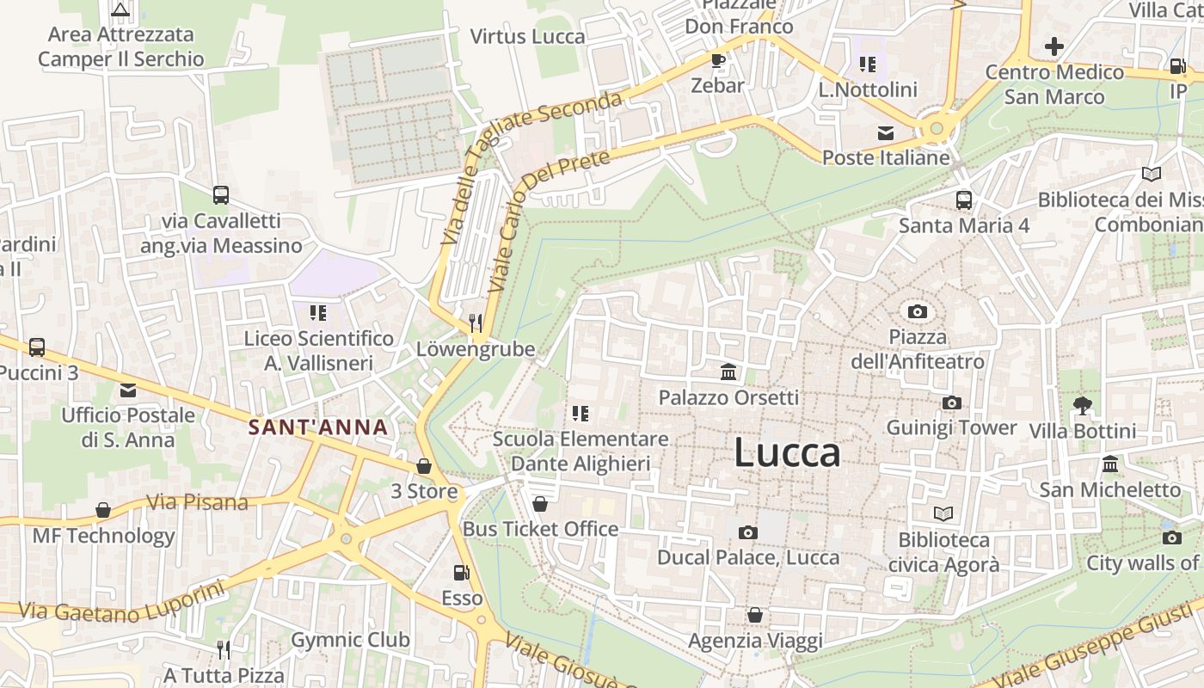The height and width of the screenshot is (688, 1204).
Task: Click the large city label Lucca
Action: click(x=787, y=453)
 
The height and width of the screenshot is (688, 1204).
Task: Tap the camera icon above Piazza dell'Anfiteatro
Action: click(x=918, y=311)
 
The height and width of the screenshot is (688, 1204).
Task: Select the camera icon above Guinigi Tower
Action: click(x=951, y=402)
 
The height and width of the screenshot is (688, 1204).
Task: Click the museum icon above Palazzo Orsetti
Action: click(x=728, y=372)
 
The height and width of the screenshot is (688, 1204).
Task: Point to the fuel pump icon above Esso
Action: click(x=461, y=572)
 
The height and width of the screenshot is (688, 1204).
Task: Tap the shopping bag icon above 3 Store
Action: click(x=423, y=466)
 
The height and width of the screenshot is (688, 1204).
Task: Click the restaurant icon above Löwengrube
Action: click(x=475, y=322)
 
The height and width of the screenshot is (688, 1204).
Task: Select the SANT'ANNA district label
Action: click(x=318, y=427)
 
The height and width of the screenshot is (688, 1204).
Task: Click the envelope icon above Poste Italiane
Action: click(x=885, y=132)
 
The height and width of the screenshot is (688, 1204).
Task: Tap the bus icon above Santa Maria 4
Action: click(x=964, y=200)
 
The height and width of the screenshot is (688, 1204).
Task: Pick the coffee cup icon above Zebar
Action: click(x=717, y=60)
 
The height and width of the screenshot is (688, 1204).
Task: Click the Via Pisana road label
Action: click(x=197, y=502)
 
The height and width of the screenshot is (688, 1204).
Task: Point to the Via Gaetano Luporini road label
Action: click(x=121, y=605)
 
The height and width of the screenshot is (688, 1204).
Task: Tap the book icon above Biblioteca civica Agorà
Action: click(x=943, y=513)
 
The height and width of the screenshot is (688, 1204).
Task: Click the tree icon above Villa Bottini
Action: click(x=1082, y=405)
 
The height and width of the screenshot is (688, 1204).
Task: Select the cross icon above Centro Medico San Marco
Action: click(x=1054, y=46)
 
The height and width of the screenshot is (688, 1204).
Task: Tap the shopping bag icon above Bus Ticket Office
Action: click(x=540, y=504)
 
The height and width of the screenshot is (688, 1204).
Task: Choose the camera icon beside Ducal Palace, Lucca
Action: click(x=748, y=532)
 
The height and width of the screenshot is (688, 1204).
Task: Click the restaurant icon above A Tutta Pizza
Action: click(x=223, y=648)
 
